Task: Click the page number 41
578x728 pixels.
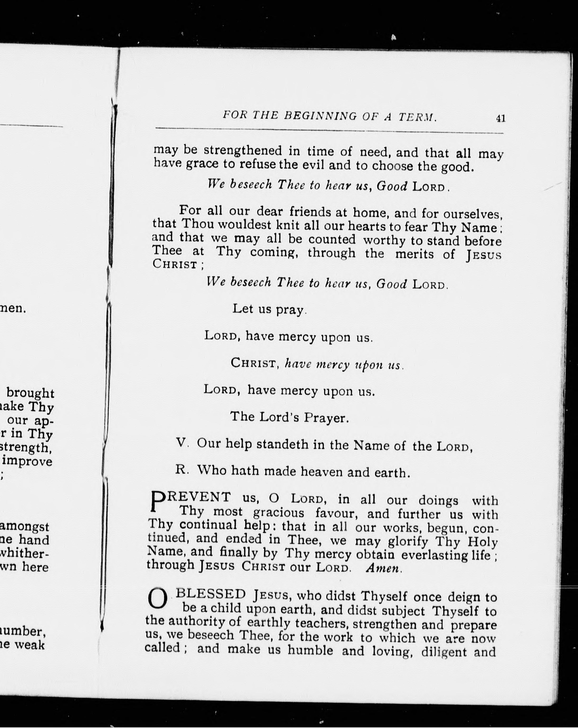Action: (x=500, y=118)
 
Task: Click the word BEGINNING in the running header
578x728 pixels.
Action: (x=320, y=116)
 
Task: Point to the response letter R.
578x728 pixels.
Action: (x=181, y=470)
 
